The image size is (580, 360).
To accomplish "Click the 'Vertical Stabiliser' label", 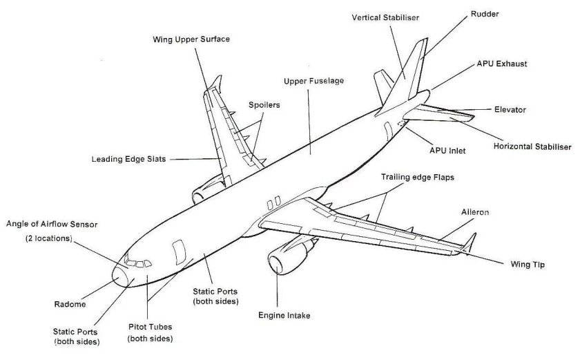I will click(x=385, y=17).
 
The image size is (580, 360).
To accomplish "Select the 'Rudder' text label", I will click(x=485, y=13).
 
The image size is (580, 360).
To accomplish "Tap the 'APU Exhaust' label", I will click(x=502, y=64).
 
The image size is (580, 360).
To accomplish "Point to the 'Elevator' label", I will click(x=510, y=110).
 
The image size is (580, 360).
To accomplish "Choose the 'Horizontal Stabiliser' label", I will click(x=532, y=146).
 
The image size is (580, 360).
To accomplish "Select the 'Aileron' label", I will click(x=476, y=212).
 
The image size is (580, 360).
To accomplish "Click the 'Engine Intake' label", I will click(x=284, y=316).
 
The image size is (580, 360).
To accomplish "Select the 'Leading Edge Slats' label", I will click(x=128, y=159).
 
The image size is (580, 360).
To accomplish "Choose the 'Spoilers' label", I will click(x=264, y=104).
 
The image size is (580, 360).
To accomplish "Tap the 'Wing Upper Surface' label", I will click(x=191, y=39).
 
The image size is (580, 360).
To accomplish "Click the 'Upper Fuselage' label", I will click(x=313, y=81).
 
